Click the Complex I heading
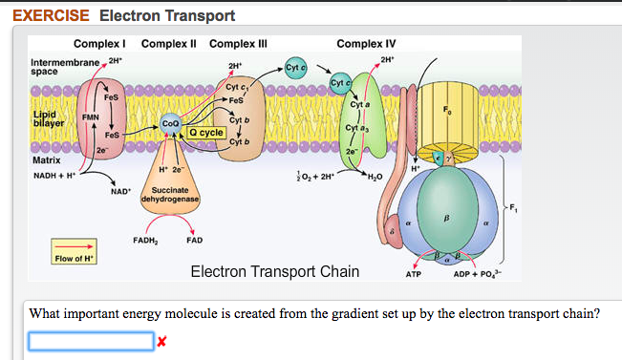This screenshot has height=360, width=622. [100, 44]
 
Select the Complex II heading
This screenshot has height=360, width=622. [169, 44]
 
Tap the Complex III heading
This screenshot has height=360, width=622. [238, 44]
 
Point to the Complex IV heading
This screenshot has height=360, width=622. [366, 44]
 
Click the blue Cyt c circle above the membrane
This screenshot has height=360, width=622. [295, 69]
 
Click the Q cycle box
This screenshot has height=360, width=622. [205, 133]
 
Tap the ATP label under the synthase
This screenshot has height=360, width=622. [414, 274]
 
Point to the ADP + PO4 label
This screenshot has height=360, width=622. [483, 274]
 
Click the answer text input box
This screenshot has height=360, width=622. [91, 341]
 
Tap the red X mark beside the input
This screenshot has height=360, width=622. [161, 341]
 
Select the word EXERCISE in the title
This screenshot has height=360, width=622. [50, 16]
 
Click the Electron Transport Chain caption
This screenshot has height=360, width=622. [275, 272]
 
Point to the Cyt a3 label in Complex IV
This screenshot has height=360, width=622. [354, 127]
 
